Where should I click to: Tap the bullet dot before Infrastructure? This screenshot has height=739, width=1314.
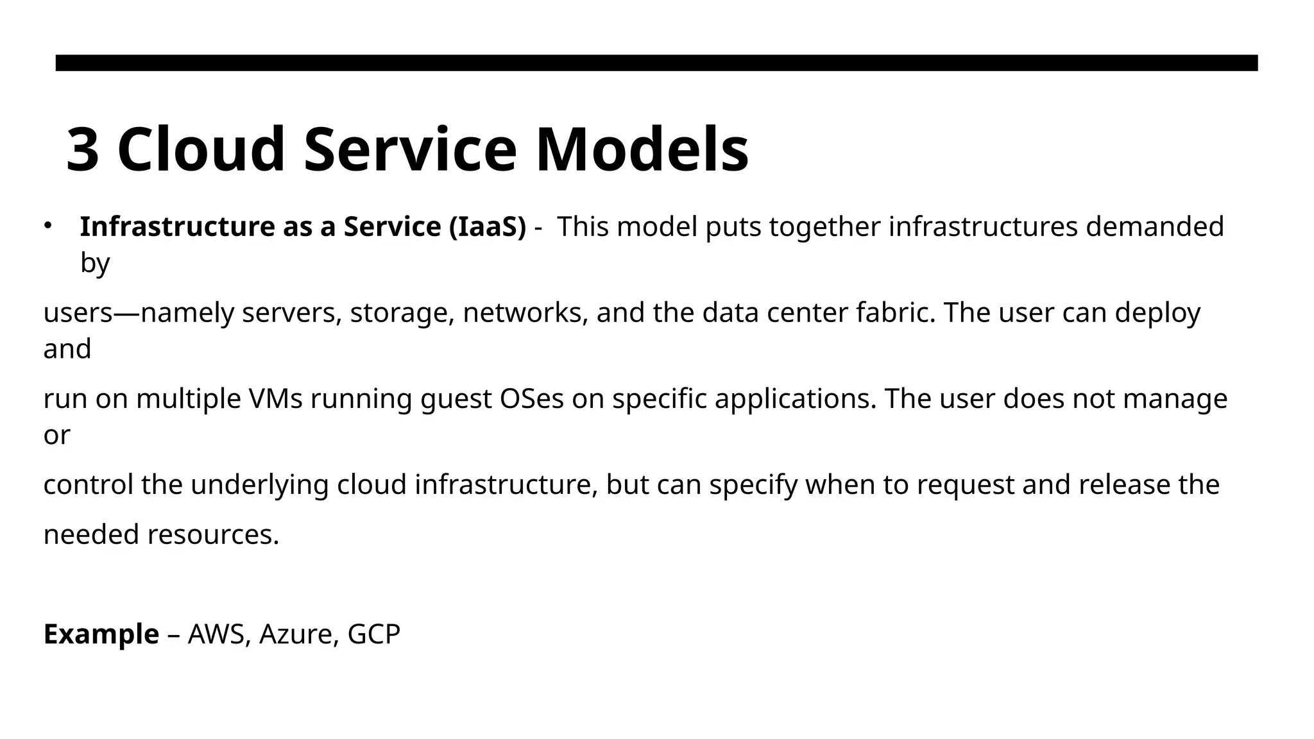pyautogui.click(x=47, y=225)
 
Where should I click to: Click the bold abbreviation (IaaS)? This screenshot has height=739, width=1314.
pyautogui.click(x=487, y=227)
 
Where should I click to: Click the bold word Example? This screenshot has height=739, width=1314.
pyautogui.click(x=101, y=635)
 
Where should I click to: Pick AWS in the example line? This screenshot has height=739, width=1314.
pyautogui.click(x=216, y=635)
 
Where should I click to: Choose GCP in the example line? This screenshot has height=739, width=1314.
pyautogui.click(x=373, y=635)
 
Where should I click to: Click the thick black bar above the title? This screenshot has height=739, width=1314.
pyautogui.click(x=656, y=63)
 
